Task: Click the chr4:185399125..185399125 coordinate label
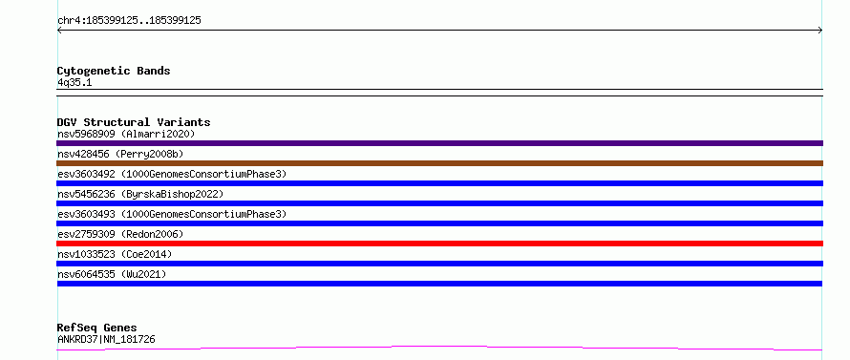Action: [x=129, y=21]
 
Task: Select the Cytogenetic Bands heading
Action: [x=114, y=71]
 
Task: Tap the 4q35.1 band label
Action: [x=74, y=83]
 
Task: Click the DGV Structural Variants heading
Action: [x=134, y=122]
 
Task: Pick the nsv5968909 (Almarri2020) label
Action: [x=126, y=134]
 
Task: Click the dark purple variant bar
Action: [x=439, y=143]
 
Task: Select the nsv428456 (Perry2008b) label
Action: [x=120, y=155]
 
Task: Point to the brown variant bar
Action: [x=439, y=163]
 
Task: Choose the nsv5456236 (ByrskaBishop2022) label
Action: [x=140, y=194]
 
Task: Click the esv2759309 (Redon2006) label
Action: [x=120, y=234]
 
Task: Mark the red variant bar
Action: [x=439, y=244]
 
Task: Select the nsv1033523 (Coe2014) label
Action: [x=115, y=254]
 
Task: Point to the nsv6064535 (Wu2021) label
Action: [x=112, y=274]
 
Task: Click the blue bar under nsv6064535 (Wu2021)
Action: [x=439, y=284]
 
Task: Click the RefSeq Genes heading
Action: [x=97, y=328]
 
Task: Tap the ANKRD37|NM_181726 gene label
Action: [x=106, y=340]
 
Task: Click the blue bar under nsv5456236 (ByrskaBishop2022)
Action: [x=439, y=203]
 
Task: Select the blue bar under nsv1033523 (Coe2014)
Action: [x=439, y=264]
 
